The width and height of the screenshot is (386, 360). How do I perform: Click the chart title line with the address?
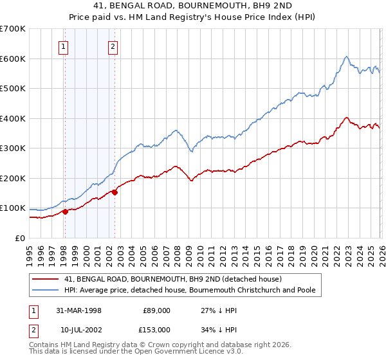[193, 6]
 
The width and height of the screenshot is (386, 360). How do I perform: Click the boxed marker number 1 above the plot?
[64, 46]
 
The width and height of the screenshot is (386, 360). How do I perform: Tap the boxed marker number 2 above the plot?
[113, 46]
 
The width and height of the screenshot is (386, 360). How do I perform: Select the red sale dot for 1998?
[65, 212]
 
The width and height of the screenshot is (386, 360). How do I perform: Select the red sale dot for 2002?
[114, 192]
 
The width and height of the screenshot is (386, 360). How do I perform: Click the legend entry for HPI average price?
[190, 290]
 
